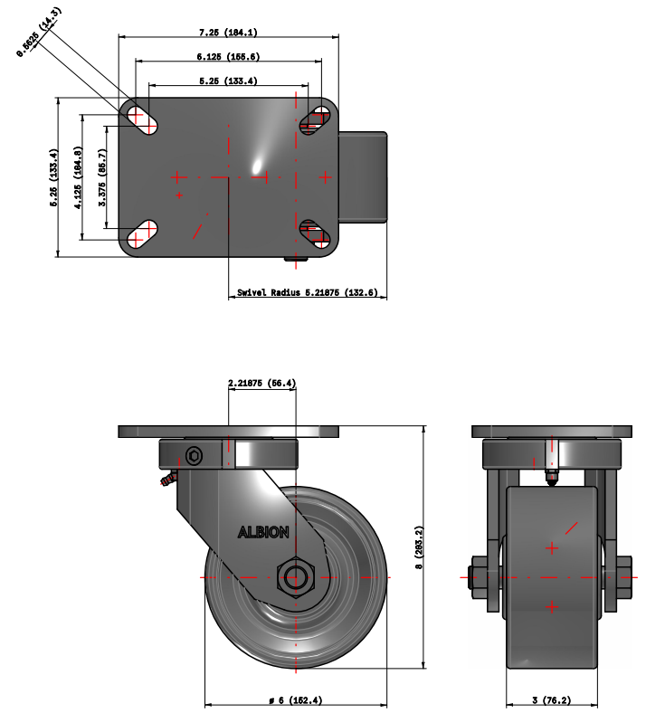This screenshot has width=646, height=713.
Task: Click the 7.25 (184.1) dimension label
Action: [x=229, y=33]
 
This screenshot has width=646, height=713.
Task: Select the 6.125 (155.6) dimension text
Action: [x=229, y=56]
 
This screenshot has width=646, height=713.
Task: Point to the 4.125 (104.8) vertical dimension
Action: [x=79, y=176]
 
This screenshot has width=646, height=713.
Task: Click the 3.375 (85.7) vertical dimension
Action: [x=102, y=176]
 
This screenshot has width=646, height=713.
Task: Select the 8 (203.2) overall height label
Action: [x=418, y=547]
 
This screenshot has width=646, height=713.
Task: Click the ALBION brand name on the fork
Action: [x=263, y=532]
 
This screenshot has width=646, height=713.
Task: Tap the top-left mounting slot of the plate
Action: [x=142, y=119]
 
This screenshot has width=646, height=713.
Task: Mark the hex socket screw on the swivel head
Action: [x=194, y=453]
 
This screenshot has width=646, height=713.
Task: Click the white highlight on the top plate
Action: [x=258, y=166]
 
